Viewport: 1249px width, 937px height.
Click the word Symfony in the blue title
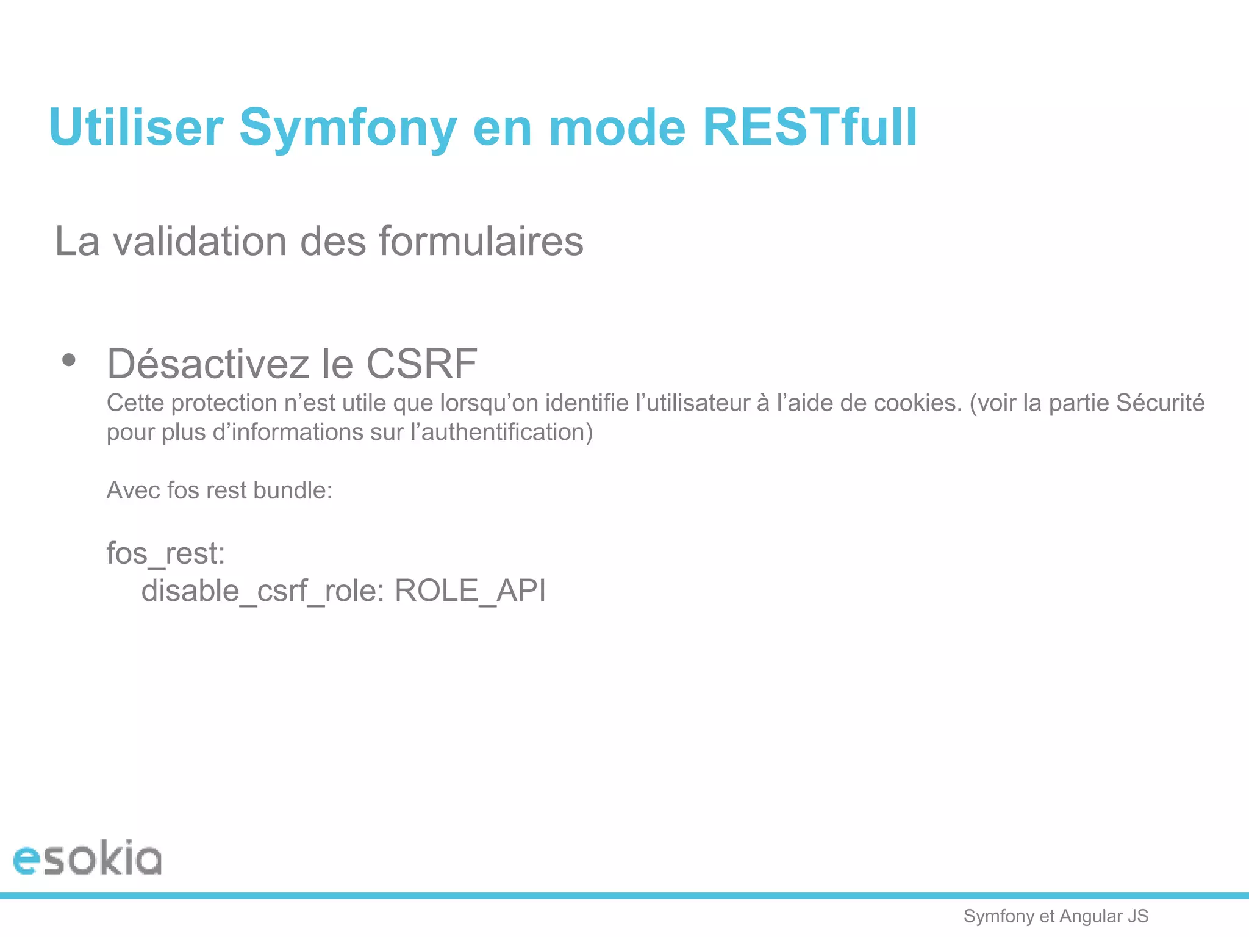348,127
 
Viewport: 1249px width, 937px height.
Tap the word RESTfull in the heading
809,127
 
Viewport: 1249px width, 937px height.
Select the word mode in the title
617,127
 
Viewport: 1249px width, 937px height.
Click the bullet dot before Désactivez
69,360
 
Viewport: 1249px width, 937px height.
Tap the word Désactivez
208,364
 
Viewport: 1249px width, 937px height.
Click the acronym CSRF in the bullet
421,364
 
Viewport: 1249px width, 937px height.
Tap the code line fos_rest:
166,553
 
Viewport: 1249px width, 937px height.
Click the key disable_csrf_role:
263,591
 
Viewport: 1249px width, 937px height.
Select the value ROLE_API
470,591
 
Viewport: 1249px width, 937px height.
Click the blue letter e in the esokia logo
26,860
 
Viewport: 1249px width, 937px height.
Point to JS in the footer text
1138,916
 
